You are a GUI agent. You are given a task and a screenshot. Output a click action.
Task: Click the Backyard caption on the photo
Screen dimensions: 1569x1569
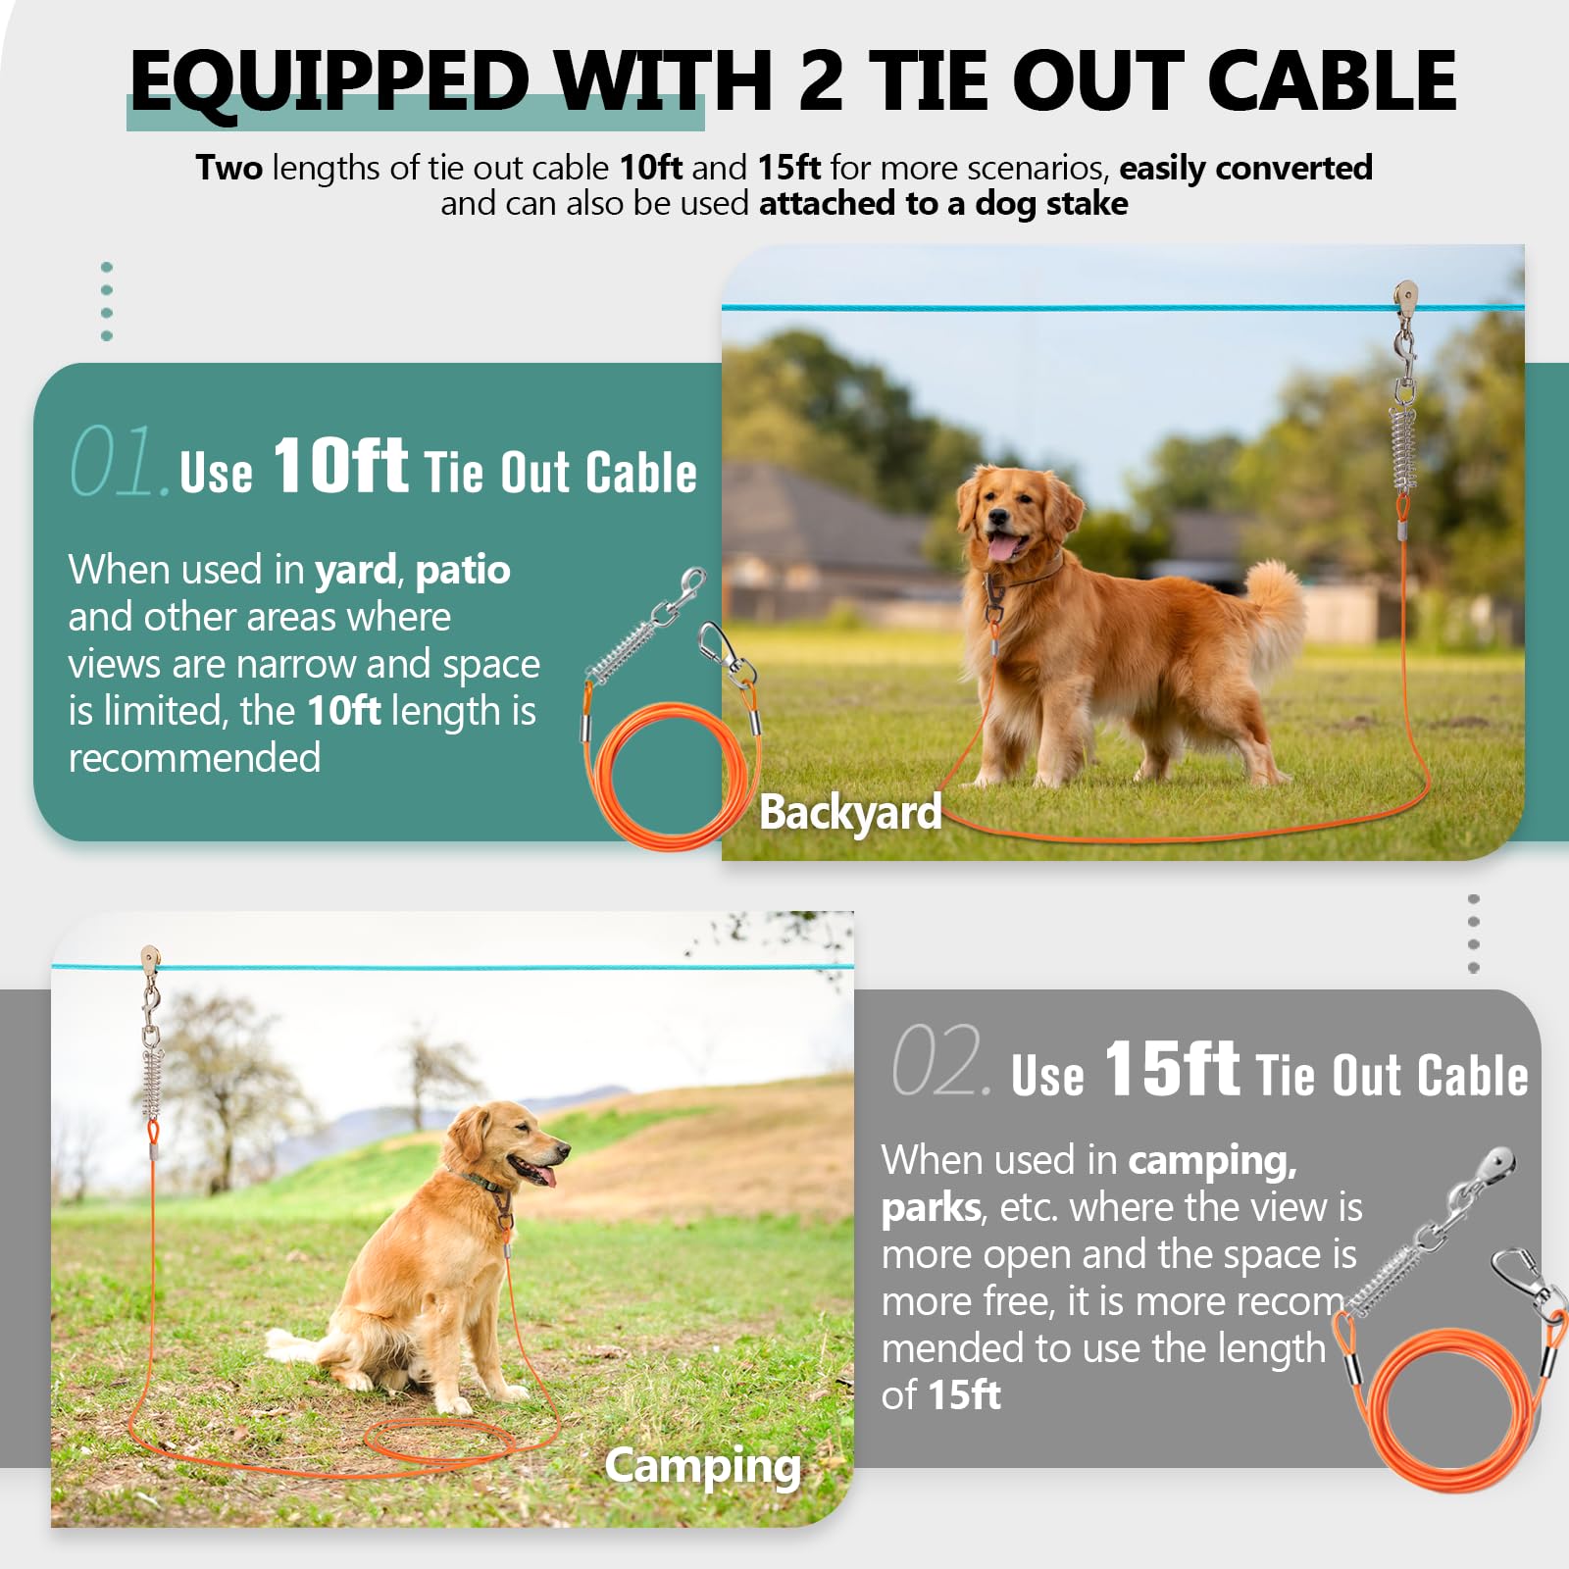coord(850,812)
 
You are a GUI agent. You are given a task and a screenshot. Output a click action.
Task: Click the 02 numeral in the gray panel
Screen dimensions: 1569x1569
coord(937,1061)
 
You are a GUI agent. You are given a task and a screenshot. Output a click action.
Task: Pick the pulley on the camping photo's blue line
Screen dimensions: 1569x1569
coord(150,958)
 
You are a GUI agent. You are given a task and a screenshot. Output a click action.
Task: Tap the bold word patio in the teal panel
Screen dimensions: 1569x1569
coord(462,571)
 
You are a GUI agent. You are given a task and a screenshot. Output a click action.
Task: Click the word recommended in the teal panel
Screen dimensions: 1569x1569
coord(194,758)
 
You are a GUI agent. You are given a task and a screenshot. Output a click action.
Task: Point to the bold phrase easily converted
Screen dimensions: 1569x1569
coord(1245,168)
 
